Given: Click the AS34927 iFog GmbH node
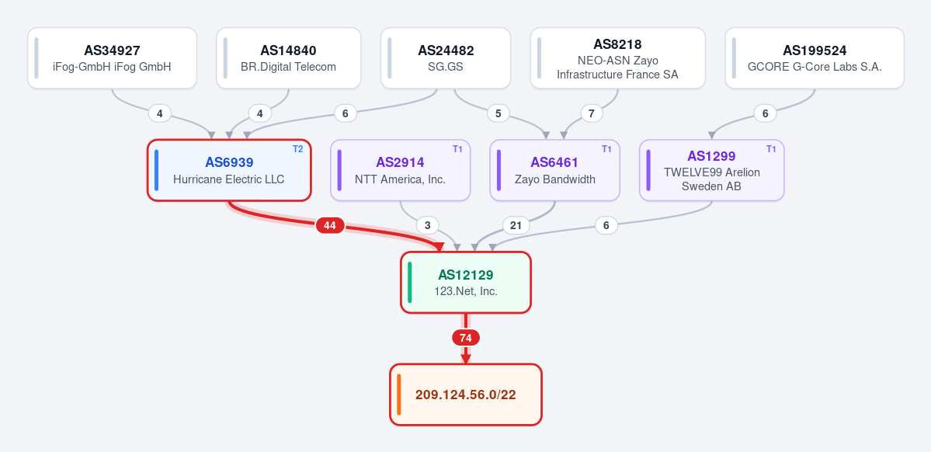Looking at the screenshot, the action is click(x=113, y=58).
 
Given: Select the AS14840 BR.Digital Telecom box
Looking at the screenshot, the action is click(x=289, y=58).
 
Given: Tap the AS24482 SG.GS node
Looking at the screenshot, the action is click(x=446, y=58).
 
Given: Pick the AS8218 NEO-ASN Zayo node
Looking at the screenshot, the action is click(x=617, y=58).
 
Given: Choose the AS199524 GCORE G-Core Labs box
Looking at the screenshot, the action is click(x=815, y=58).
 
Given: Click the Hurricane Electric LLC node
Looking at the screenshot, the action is click(x=229, y=170).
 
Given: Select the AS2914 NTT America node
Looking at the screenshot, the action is click(x=400, y=170).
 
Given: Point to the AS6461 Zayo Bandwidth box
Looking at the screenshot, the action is click(x=554, y=170).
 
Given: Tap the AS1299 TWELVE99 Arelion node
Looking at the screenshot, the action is click(x=711, y=170).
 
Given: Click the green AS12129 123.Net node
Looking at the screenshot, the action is click(x=466, y=283).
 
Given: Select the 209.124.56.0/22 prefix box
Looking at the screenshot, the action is click(x=466, y=395).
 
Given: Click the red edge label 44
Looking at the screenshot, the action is click(x=330, y=226).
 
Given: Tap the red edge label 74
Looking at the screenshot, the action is click(x=466, y=338).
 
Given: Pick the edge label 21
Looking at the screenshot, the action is click(x=516, y=226).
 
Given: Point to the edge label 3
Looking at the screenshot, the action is click(x=428, y=226).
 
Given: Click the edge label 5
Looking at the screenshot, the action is click(x=499, y=113).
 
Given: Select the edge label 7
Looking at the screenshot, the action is click(x=592, y=113).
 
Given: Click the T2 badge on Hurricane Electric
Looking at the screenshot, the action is click(x=297, y=149).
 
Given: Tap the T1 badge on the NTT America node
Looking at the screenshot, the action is click(x=457, y=149).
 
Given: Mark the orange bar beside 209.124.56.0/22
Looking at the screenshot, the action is click(x=399, y=395).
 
